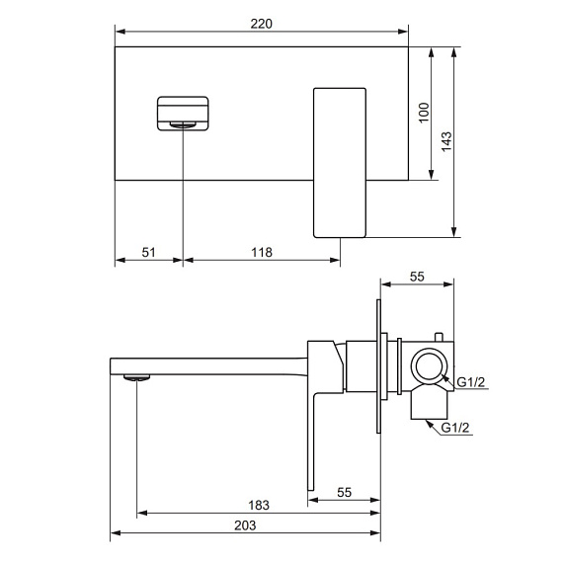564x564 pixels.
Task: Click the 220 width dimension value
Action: click(x=261, y=24)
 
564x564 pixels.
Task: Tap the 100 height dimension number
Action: click(x=424, y=113)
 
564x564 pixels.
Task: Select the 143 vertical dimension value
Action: click(x=446, y=141)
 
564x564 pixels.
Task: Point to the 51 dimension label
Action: click(x=148, y=253)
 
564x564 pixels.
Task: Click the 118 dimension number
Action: click(x=262, y=253)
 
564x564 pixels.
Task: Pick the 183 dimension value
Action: click(x=259, y=506)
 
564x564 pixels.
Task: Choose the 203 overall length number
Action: click(x=245, y=525)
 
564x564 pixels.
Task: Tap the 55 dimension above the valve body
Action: click(x=417, y=277)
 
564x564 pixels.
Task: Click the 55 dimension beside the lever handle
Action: click(x=344, y=493)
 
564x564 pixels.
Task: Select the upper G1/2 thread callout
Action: click(x=471, y=382)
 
